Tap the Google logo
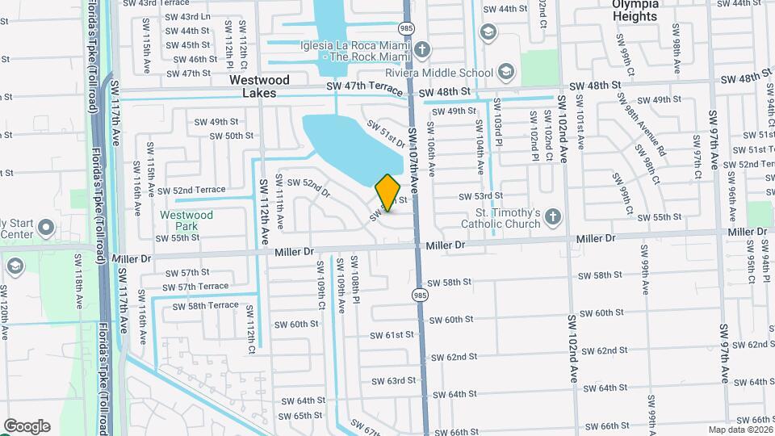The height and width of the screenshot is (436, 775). pyautogui.click(x=27, y=426)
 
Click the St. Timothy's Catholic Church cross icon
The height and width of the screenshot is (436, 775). pyautogui.click(x=553, y=216)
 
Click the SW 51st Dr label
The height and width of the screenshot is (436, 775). pyautogui.click(x=384, y=132)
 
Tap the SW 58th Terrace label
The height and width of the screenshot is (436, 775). pyautogui.click(x=203, y=305)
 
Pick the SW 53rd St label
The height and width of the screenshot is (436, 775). pyautogui.click(x=480, y=196)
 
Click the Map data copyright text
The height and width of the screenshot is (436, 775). pyautogui.click(x=739, y=430)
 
